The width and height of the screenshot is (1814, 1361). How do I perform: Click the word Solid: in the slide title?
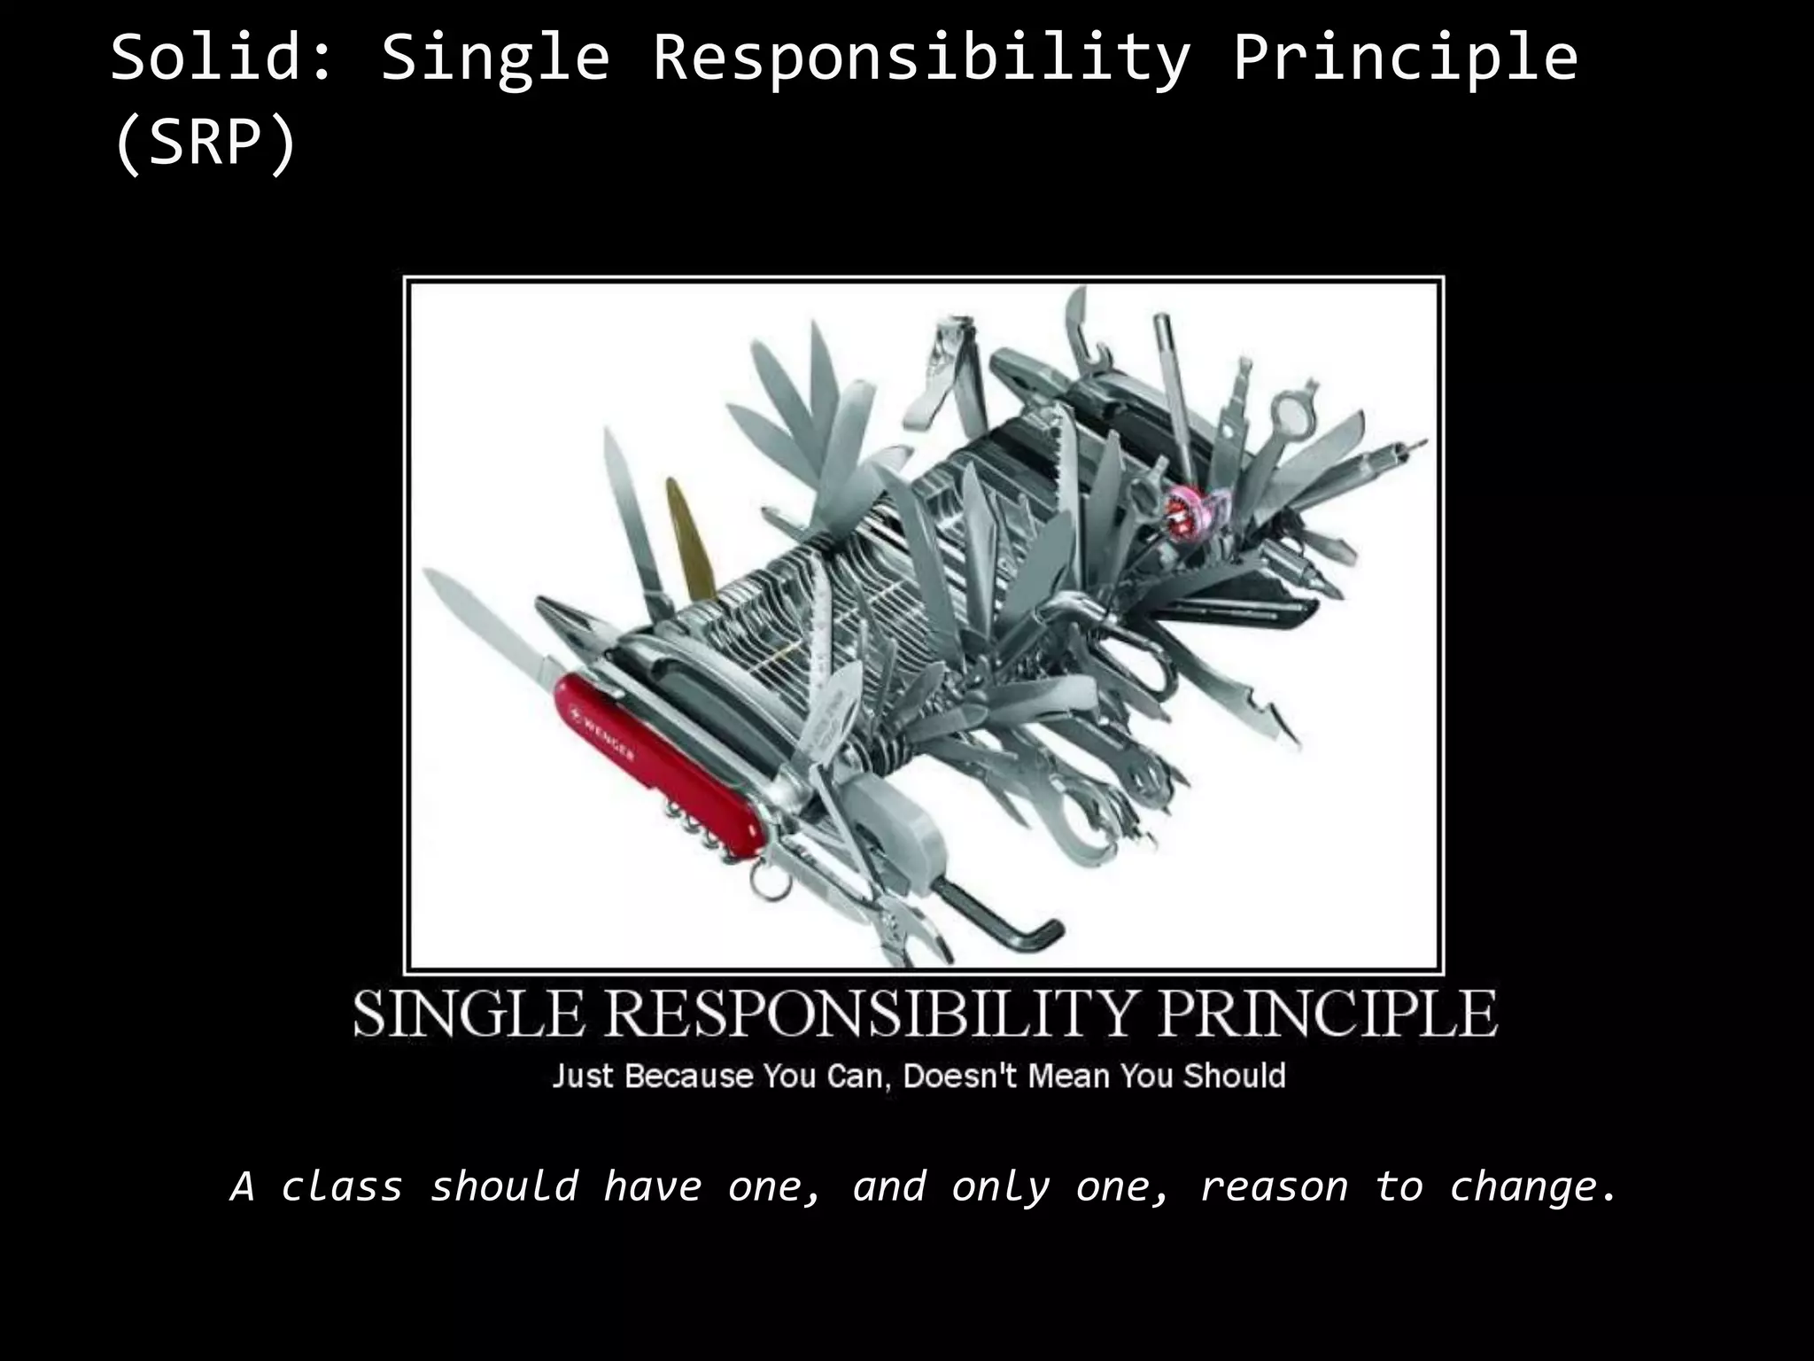point(220,58)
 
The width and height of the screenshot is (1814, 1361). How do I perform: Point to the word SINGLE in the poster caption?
point(469,1014)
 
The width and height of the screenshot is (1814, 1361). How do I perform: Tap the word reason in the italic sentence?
point(1273,1186)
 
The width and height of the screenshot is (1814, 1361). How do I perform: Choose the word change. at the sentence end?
point(1532,1186)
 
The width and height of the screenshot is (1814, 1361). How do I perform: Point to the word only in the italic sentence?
point(1000,1186)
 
